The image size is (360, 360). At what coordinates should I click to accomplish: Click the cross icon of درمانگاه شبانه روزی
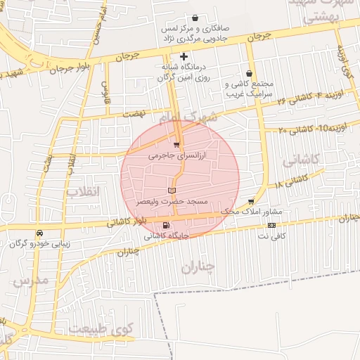coord(184,56)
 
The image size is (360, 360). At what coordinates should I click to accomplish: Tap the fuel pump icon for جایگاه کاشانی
coord(165,226)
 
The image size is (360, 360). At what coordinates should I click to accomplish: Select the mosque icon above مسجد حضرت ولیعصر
coord(172,191)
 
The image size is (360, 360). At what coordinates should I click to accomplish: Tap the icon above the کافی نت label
coord(271,225)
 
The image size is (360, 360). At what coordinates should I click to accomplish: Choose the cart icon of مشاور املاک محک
coord(251,201)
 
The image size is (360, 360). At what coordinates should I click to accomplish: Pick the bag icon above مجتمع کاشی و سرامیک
coord(250,73)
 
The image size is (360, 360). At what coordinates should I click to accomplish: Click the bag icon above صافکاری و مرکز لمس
coord(195,18)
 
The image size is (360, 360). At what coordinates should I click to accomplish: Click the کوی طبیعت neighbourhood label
coord(101,328)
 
